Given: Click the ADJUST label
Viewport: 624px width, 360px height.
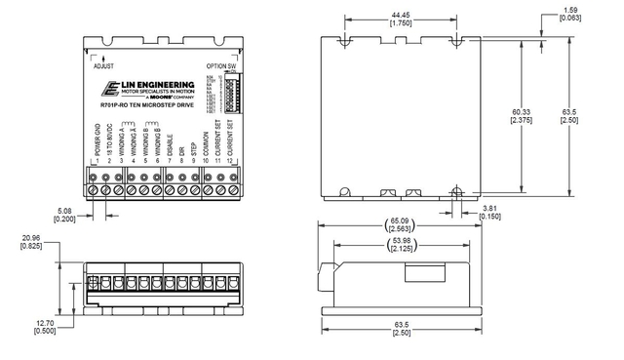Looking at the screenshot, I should pyautogui.click(x=102, y=66).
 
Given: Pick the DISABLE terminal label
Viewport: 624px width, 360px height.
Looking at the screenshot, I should pyautogui.click(x=170, y=145).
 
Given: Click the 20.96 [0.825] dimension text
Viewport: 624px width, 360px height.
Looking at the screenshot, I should pyautogui.click(x=29, y=241).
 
